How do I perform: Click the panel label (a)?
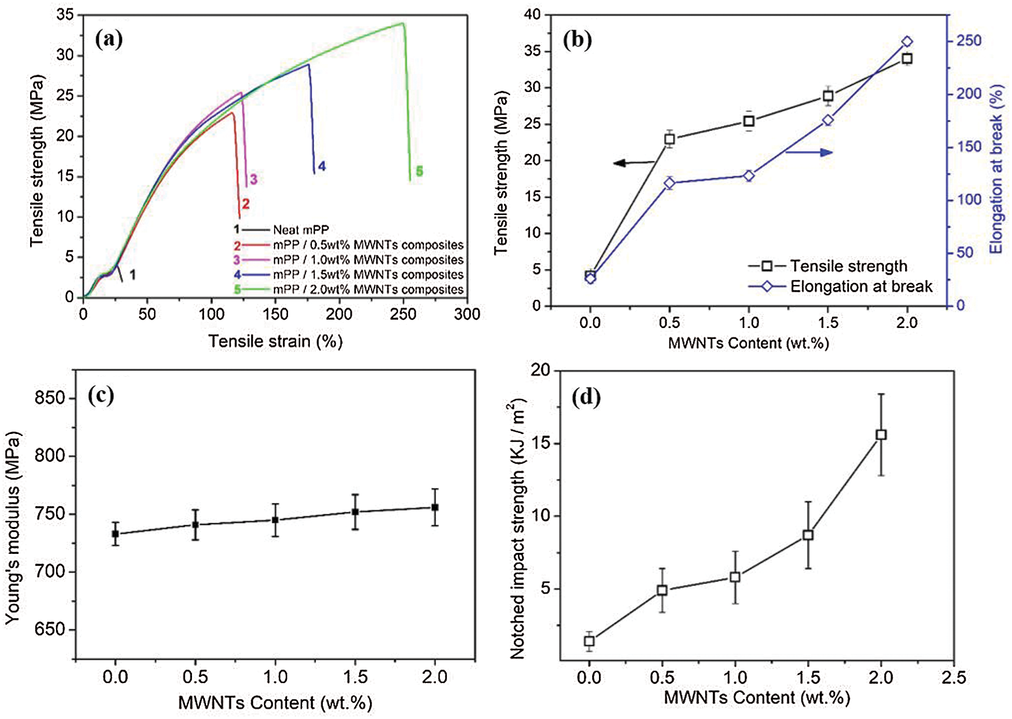pyautogui.click(x=108, y=39)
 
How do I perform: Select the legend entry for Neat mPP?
pyautogui.click(x=300, y=229)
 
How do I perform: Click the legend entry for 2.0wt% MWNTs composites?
pyautogui.click(x=368, y=289)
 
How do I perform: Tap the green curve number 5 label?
pyautogui.click(x=419, y=171)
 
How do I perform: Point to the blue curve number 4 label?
pyautogui.click(x=322, y=166)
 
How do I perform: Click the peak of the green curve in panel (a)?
pyautogui.click(x=402, y=23)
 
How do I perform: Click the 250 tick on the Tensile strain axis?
pyautogui.click(x=403, y=314)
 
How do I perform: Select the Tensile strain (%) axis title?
pyautogui.click(x=275, y=341)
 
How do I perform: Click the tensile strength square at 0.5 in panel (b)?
pyautogui.click(x=669, y=139)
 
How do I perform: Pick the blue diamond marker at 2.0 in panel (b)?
pyautogui.click(x=907, y=42)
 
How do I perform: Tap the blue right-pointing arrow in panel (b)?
pyautogui.click(x=810, y=152)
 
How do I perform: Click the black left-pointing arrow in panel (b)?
pyautogui.click(x=633, y=163)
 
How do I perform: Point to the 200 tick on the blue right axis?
pyautogui.click(x=969, y=94)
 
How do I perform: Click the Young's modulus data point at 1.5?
pyautogui.click(x=355, y=512)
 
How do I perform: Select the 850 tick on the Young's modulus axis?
pyautogui.click(x=50, y=398)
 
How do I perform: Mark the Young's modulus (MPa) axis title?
pyautogui.click(x=12, y=527)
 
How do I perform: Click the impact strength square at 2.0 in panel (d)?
pyautogui.click(x=881, y=435)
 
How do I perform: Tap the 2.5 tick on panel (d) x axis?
pyautogui.click(x=953, y=677)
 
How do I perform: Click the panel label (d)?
pyautogui.click(x=585, y=398)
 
